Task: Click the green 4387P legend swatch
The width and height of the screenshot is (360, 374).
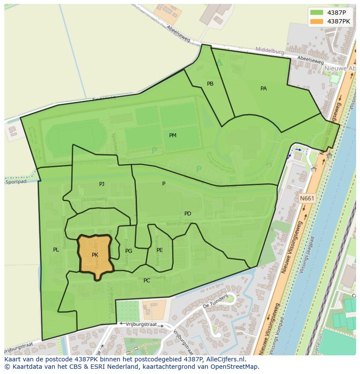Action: pyautogui.click(x=317, y=13)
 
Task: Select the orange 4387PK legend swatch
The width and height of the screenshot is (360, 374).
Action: pyautogui.click(x=317, y=21)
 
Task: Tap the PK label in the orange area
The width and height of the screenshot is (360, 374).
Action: pyautogui.click(x=95, y=255)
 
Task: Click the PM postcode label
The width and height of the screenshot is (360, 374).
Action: pyautogui.click(x=173, y=136)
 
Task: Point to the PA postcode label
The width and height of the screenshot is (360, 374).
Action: pyautogui.click(x=263, y=89)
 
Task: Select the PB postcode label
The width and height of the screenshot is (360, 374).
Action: pyautogui.click(x=210, y=84)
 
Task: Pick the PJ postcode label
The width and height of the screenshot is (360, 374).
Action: pyautogui.click(x=102, y=184)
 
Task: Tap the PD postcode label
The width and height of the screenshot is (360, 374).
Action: pyautogui.click(x=187, y=214)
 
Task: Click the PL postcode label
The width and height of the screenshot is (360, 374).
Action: pyautogui.click(x=56, y=250)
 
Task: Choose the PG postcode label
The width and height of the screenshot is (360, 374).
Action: pyautogui.click(x=129, y=251)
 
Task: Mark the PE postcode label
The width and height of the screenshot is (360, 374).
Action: pyautogui.click(x=160, y=250)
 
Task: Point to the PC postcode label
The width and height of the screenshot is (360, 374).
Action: pyautogui.click(x=147, y=281)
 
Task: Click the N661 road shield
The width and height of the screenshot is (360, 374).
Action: pyautogui.click(x=307, y=199)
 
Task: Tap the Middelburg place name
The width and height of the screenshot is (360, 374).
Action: pyautogui.click(x=270, y=51)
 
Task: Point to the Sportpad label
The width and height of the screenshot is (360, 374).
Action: pyautogui.click(x=16, y=182)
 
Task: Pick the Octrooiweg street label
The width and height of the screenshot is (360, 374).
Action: pyautogui.click(x=93, y=200)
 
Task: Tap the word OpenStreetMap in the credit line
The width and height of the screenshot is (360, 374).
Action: pyautogui.click(x=234, y=367)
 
